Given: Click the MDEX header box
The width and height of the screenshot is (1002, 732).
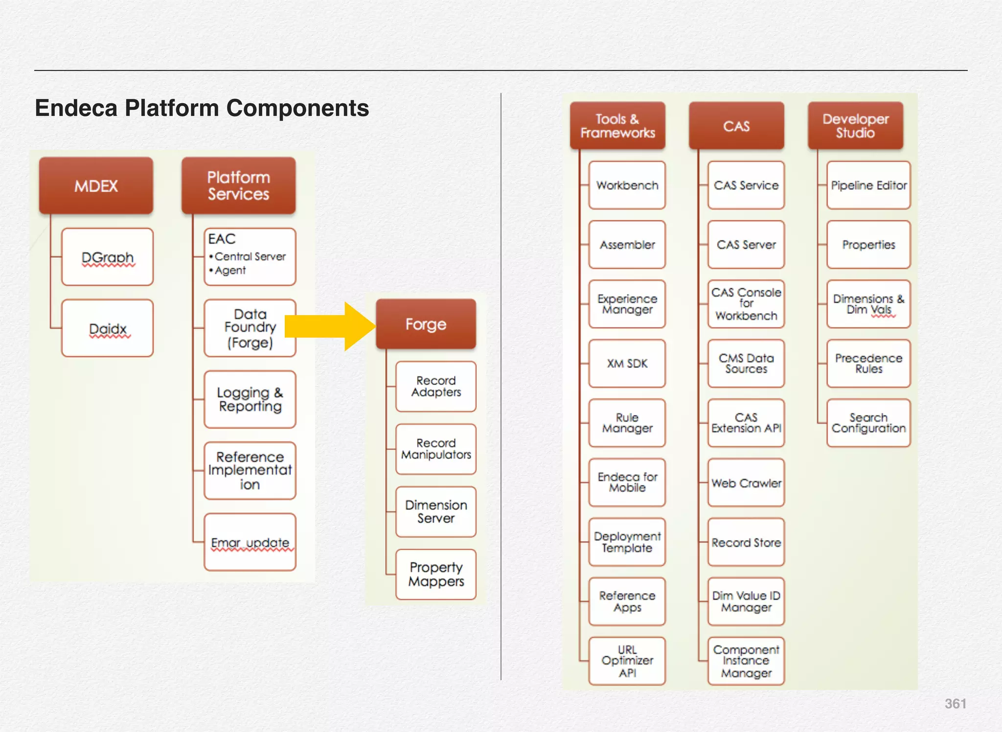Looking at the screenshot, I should pos(96,186).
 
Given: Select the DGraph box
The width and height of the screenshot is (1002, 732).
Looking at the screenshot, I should pos(107,257).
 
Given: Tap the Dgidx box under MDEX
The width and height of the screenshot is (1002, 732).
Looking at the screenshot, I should pos(107,328).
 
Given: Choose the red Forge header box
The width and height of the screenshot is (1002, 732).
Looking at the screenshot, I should pos(426,324).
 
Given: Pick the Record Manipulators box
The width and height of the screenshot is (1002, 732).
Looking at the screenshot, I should pos(435,449).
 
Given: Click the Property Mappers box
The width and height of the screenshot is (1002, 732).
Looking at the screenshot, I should pos(435,574).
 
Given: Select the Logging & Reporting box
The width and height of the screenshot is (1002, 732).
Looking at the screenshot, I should pos(250,399).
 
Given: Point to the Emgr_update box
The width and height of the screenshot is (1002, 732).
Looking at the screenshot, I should pos(250,542).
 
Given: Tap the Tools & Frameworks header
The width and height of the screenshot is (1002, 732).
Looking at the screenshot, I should pos(617,126).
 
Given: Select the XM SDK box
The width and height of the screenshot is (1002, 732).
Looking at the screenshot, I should pos(627,364).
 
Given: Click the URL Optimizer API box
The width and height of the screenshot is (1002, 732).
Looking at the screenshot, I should pos(627,661).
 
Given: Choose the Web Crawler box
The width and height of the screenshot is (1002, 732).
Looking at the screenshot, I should pos(746,483).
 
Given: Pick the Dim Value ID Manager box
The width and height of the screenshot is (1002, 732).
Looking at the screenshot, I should pos(746,601).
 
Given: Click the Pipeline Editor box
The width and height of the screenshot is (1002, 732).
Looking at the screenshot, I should pos(868,185).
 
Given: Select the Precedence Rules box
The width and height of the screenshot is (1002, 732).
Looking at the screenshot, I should pos(868,364).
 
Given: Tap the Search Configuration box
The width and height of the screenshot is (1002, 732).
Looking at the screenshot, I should pos(868,423).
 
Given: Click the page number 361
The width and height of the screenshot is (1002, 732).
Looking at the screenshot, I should pos(955,704).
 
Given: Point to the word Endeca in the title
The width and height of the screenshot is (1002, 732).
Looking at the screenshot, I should pos(76,108).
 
